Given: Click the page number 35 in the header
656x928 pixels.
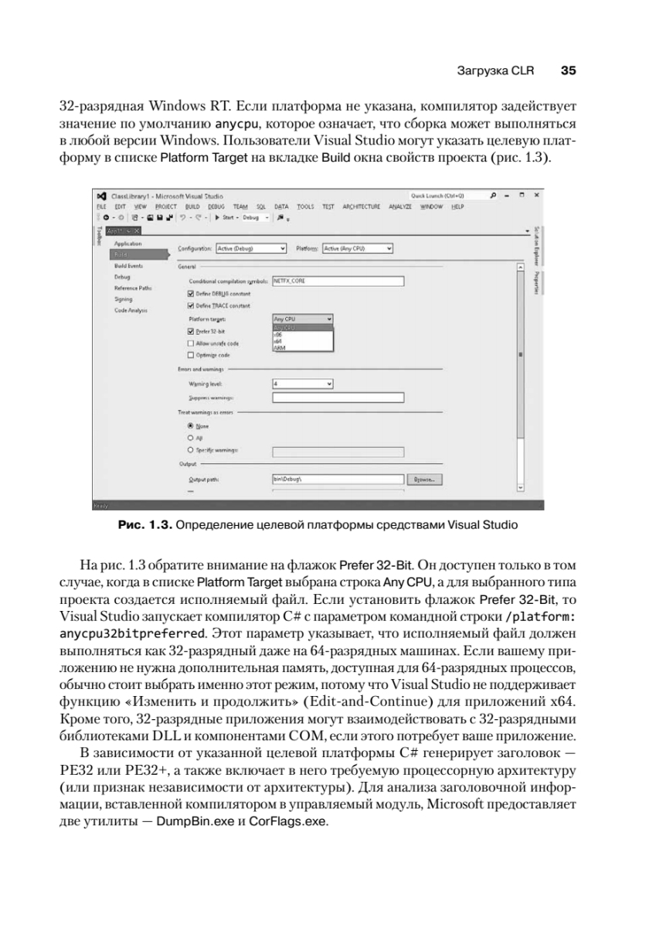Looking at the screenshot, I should pyautogui.click(x=568, y=70).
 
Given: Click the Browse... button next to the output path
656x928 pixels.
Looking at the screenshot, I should pyautogui.click(x=426, y=479).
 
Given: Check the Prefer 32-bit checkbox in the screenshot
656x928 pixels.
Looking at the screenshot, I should pyautogui.click(x=191, y=330).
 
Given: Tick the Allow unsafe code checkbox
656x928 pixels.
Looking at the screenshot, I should pyautogui.click(x=191, y=343).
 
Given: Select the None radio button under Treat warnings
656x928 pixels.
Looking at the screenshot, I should pyautogui.click(x=190, y=425).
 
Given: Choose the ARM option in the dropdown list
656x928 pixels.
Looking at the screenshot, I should pyautogui.click(x=278, y=349).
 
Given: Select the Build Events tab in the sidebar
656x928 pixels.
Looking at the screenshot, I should pyautogui.click(x=127, y=264).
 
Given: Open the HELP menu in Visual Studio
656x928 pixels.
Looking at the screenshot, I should pyautogui.click(x=457, y=207).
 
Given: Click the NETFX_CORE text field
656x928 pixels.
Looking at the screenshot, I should pyautogui.click(x=338, y=281).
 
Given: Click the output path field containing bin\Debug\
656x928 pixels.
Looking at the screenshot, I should pyautogui.click(x=338, y=479).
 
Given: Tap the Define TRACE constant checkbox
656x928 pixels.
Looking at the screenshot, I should pyautogui.click(x=191, y=305).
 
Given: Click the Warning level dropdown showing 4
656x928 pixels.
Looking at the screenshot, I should pyautogui.click(x=303, y=383).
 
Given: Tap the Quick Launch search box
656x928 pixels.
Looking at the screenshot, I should pyautogui.click(x=444, y=196).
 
